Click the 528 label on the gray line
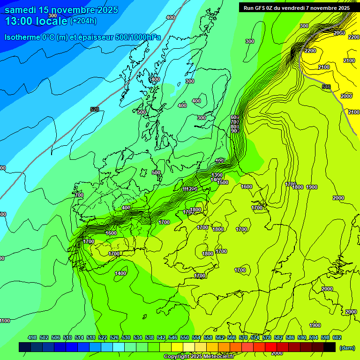coord(94,109)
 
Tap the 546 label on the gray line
coord(326,87)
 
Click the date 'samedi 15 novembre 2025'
coord(61,10)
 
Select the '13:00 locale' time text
coord(36,21)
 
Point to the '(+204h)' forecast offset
coord(83,21)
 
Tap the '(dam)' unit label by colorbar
coord(347,347)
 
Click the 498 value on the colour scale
coord(32,337)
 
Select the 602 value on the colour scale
coord(337,337)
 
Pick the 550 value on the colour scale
coord(185,337)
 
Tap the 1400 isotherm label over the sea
coord(120,273)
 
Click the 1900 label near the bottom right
coord(315,325)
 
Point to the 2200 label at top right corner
coord(354,37)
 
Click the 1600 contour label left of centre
coord(111,233)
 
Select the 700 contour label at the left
coord(79,195)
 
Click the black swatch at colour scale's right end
coord(329,347)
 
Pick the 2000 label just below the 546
coord(346,96)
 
